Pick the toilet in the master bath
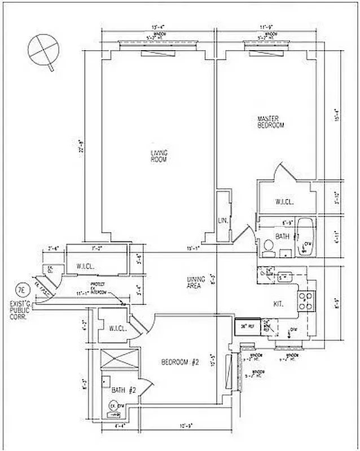pos(269,247)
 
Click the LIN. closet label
pos(222,221)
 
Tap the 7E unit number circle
pos(21,291)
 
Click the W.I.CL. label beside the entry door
pos(78,266)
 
